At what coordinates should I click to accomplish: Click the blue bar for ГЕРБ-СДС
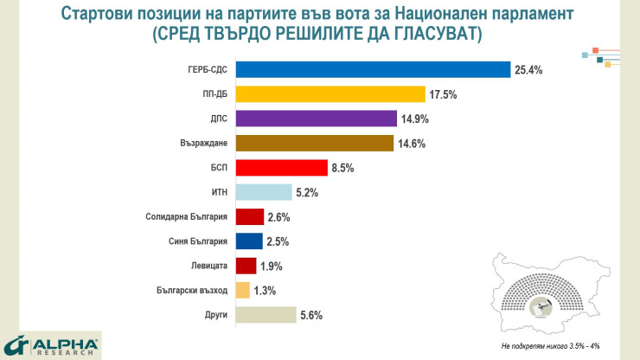click(372, 70)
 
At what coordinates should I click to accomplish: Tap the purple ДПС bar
click(316, 119)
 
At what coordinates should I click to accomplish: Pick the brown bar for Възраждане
click(314, 143)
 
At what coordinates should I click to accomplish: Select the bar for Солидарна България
click(249, 216)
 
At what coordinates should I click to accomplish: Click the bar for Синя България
click(249, 241)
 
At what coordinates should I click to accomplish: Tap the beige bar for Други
click(266, 315)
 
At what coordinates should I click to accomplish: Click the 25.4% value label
click(528, 70)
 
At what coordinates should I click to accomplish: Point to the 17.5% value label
click(444, 94)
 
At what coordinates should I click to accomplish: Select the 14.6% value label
click(411, 144)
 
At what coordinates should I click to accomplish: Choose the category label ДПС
click(218, 119)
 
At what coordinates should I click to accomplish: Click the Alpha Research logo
click(51, 345)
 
